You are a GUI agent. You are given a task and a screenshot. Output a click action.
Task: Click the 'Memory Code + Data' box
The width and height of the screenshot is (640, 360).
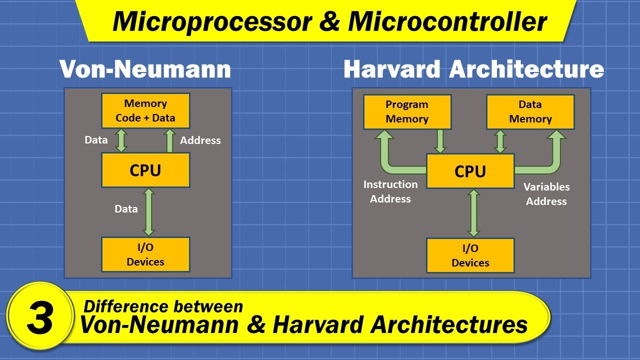click(145, 110)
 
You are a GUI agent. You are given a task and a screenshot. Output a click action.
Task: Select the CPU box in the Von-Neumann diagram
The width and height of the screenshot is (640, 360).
click(145, 170)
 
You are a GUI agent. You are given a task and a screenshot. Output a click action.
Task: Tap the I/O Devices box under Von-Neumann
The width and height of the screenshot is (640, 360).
click(145, 254)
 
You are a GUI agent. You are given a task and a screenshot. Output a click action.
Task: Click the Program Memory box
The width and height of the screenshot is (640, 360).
click(407, 111)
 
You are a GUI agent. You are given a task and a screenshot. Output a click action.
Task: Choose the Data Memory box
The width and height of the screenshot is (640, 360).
click(530, 111)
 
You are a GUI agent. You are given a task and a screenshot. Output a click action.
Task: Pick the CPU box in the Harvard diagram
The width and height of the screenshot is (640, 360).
click(470, 171)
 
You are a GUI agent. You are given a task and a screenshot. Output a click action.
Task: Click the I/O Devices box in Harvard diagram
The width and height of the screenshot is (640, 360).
click(470, 255)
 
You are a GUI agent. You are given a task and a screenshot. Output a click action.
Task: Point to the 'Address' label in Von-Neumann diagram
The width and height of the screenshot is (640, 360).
click(200, 140)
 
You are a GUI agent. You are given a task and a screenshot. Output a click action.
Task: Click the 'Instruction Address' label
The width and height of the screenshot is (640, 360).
click(390, 191)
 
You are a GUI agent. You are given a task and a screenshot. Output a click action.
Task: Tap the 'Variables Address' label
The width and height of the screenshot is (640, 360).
click(546, 194)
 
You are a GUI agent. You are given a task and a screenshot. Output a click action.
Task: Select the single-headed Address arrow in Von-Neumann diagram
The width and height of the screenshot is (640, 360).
click(169, 140)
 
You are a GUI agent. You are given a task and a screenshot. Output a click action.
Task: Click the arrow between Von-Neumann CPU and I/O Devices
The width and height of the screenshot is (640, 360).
click(148, 212)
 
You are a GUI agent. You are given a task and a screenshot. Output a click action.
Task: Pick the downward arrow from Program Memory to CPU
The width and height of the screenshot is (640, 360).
click(440, 141)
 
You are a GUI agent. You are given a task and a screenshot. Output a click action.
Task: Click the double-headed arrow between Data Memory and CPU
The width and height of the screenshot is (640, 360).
click(500, 141)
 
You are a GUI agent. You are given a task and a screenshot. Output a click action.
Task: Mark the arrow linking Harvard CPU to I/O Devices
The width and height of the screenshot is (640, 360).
click(473, 213)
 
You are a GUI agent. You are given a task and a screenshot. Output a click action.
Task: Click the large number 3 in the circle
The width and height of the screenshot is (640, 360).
click(40, 318)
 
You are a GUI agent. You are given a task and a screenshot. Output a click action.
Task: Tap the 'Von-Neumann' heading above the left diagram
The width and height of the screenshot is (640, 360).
click(145, 69)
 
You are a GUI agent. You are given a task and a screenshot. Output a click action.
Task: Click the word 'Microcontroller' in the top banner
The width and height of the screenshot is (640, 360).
click(447, 21)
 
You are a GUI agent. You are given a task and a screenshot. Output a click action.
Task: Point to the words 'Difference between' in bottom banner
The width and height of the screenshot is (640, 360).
click(163, 306)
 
